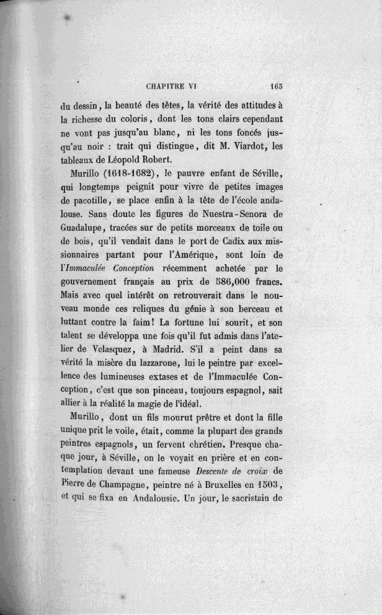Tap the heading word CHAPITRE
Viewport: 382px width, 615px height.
pyautogui.click(x=169, y=87)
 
